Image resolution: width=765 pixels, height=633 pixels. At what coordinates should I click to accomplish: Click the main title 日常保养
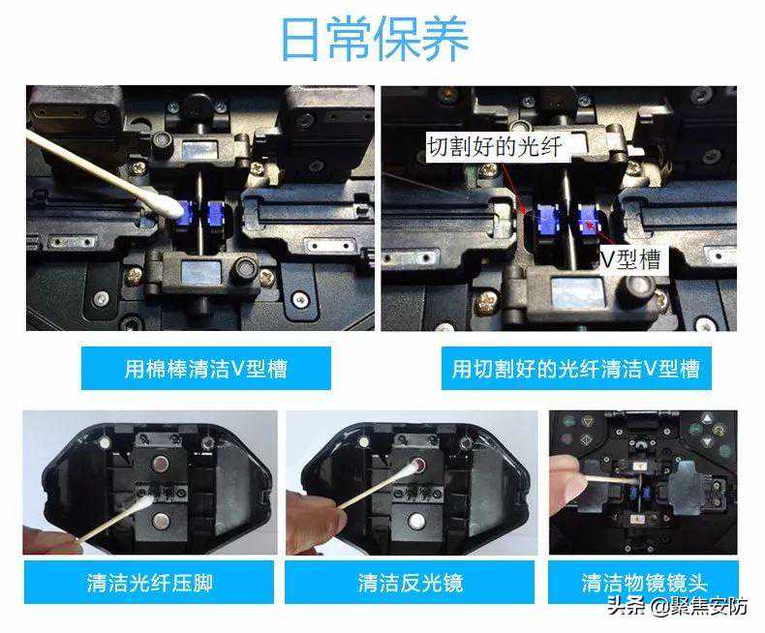375,39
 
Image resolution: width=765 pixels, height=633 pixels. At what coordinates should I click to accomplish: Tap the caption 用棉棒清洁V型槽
206,369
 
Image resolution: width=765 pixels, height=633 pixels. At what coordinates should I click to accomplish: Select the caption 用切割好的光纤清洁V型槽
576,369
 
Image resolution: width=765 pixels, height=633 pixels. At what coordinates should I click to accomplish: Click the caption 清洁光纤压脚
150,583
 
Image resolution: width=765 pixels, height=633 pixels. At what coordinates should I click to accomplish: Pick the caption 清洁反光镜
410,583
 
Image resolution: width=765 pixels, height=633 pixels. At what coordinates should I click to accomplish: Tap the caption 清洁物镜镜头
644,583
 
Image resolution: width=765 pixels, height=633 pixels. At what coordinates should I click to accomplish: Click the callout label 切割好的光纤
495,146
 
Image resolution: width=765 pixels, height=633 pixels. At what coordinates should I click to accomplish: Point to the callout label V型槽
630,259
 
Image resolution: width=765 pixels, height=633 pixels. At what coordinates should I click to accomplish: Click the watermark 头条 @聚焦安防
678,606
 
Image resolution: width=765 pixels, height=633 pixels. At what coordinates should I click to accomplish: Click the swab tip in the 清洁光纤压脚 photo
144,503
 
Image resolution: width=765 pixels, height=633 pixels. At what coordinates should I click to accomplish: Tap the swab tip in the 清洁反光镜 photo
416,468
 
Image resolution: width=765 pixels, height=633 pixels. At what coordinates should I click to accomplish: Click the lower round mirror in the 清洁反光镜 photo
415,522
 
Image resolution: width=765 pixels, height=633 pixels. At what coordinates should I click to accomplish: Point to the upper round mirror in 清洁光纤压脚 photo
159,464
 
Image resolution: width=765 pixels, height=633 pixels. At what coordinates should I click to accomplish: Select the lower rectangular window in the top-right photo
578,292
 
